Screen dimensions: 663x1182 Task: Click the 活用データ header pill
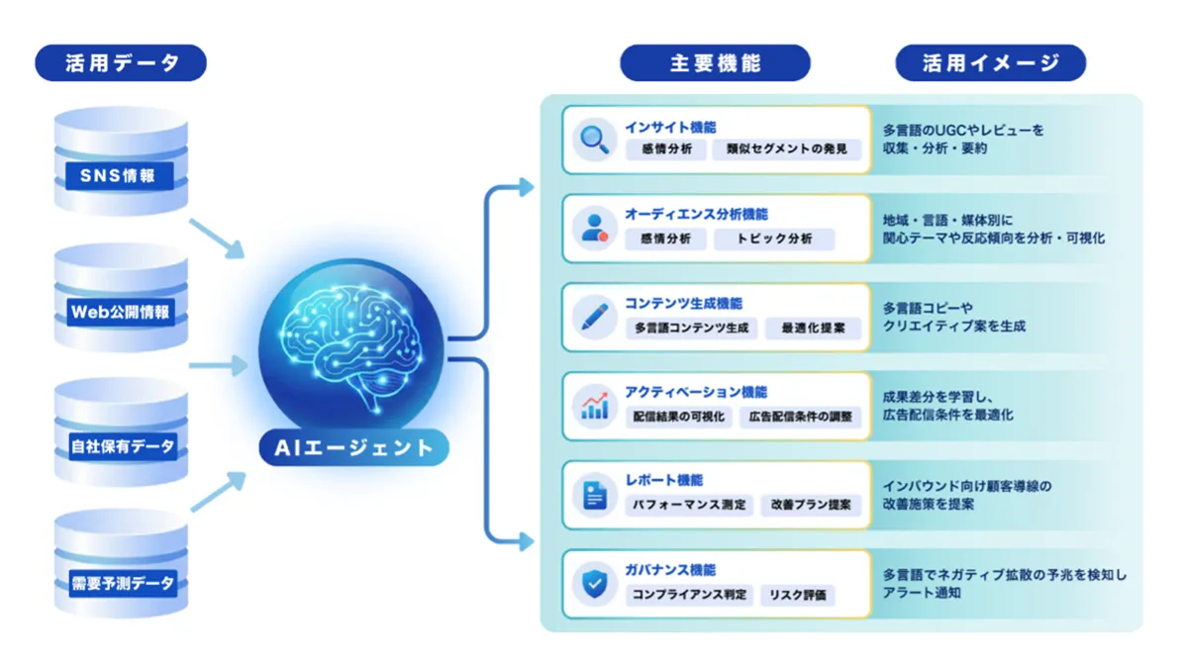(121, 63)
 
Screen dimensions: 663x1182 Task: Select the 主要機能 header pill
(715, 63)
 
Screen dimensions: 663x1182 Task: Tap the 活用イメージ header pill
(990, 63)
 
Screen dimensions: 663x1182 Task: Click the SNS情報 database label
(121, 177)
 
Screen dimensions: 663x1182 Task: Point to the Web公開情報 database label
(121, 313)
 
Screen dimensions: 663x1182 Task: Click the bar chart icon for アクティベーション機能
(595, 405)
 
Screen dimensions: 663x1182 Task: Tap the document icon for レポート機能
(595, 494)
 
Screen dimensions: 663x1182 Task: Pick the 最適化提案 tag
(813, 329)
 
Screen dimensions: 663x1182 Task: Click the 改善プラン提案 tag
(811, 506)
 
